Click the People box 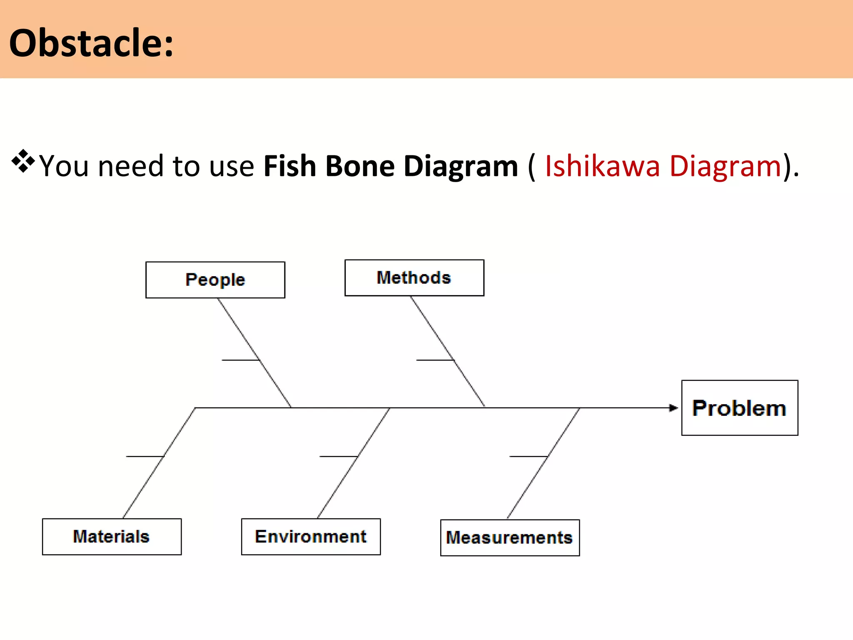215,280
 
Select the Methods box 414,277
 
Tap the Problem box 739,408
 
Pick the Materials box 112,537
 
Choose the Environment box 311,537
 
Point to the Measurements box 509,537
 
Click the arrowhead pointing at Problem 673,408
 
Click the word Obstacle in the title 86,43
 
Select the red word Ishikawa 602,166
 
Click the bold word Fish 290,166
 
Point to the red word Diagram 725,166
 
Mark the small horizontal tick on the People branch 240,360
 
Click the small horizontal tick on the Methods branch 435,360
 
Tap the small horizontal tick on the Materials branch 145,457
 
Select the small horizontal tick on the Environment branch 338,457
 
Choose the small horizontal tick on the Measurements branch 528,457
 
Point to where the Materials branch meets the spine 195,408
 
